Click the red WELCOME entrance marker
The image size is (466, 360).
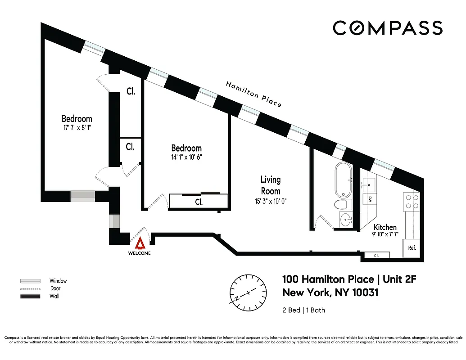click(141, 244)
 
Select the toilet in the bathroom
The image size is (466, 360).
click(344, 205)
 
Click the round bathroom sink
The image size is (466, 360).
click(346, 220)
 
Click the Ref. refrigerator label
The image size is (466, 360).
click(412, 248)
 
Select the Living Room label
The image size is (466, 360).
click(270, 185)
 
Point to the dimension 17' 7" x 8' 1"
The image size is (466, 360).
click(77, 128)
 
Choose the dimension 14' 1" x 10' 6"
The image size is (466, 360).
click(186, 157)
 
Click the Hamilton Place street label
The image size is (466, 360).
click(253, 94)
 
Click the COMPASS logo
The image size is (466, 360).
click(387, 28)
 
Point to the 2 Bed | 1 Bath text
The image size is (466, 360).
click(303, 310)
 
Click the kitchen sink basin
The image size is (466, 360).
click(368, 184)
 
